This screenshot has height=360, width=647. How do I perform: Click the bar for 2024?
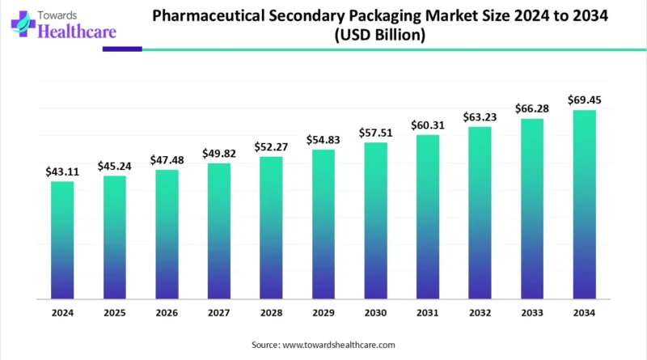pos(62,239)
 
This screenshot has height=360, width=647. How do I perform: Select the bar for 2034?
pos(584,204)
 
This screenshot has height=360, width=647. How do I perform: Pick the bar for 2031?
pos(428,216)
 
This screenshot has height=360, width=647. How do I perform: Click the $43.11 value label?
pos(62,172)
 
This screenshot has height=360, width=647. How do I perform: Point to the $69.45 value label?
pos(584,100)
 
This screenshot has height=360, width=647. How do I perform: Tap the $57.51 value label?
pos(375,133)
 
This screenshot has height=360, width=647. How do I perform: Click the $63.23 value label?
pos(480,117)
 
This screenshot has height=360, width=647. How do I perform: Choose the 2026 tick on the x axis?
pos(167,312)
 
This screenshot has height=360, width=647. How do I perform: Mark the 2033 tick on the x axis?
pos(532,312)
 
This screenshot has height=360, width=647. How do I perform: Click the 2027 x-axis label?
pos(218,312)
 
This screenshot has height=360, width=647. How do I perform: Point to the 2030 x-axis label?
pos(375,312)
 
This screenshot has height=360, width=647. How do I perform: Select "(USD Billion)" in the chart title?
pos(378,36)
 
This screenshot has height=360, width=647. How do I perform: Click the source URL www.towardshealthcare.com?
pos(338,345)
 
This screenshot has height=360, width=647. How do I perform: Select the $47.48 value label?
pos(167,160)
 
